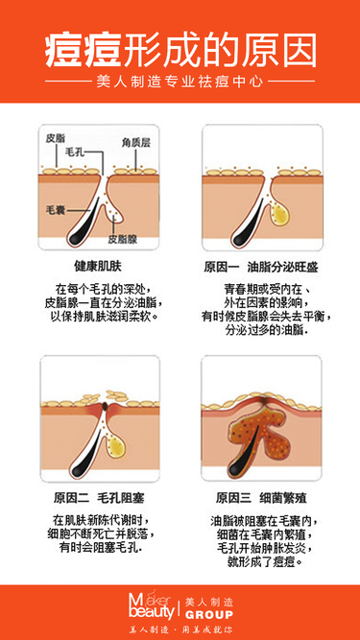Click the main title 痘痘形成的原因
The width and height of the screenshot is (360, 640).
(x=180, y=52)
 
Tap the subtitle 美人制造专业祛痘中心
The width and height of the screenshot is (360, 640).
(x=180, y=82)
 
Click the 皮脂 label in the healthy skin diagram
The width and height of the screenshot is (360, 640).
(x=56, y=138)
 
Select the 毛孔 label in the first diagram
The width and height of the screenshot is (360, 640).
(x=76, y=153)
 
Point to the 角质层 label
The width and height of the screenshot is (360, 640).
(x=136, y=142)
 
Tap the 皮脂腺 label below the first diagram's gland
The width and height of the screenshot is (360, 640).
(x=123, y=238)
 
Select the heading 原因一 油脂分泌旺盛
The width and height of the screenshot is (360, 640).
(x=261, y=268)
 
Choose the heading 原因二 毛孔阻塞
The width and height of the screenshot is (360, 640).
(x=99, y=498)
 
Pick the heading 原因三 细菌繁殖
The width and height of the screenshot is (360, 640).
(x=261, y=498)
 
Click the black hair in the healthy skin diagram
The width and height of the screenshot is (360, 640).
(x=83, y=223)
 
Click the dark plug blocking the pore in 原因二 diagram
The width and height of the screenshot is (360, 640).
(x=105, y=406)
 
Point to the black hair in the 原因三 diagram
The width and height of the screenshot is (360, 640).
(x=243, y=454)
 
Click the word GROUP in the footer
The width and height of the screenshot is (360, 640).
(x=209, y=615)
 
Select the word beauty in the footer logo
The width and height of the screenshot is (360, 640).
(x=151, y=612)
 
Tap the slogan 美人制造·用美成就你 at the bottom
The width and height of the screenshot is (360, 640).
(x=180, y=629)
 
